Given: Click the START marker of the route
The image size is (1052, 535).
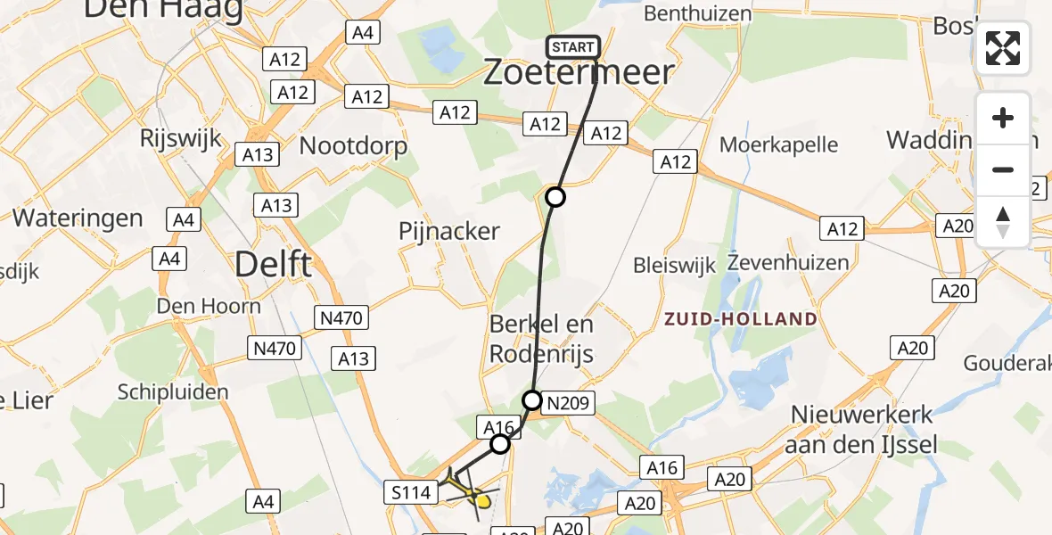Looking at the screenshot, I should (572, 47).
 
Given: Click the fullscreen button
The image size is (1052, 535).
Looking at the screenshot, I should (1003, 48).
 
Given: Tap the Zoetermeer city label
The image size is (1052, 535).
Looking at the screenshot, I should (578, 73).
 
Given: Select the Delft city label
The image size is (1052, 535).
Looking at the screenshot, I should (274, 263).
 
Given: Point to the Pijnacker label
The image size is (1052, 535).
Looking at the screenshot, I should (449, 231).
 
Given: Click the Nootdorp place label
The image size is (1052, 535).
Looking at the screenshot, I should (354, 145).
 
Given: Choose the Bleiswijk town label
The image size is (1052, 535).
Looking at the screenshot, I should (676, 265).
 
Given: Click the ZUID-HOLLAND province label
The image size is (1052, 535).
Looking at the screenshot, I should (740, 319).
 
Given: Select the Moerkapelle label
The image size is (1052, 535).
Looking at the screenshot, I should (779, 144).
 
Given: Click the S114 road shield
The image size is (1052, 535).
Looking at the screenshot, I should (411, 492).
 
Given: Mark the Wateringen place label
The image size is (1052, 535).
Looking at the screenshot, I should (78, 218).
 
